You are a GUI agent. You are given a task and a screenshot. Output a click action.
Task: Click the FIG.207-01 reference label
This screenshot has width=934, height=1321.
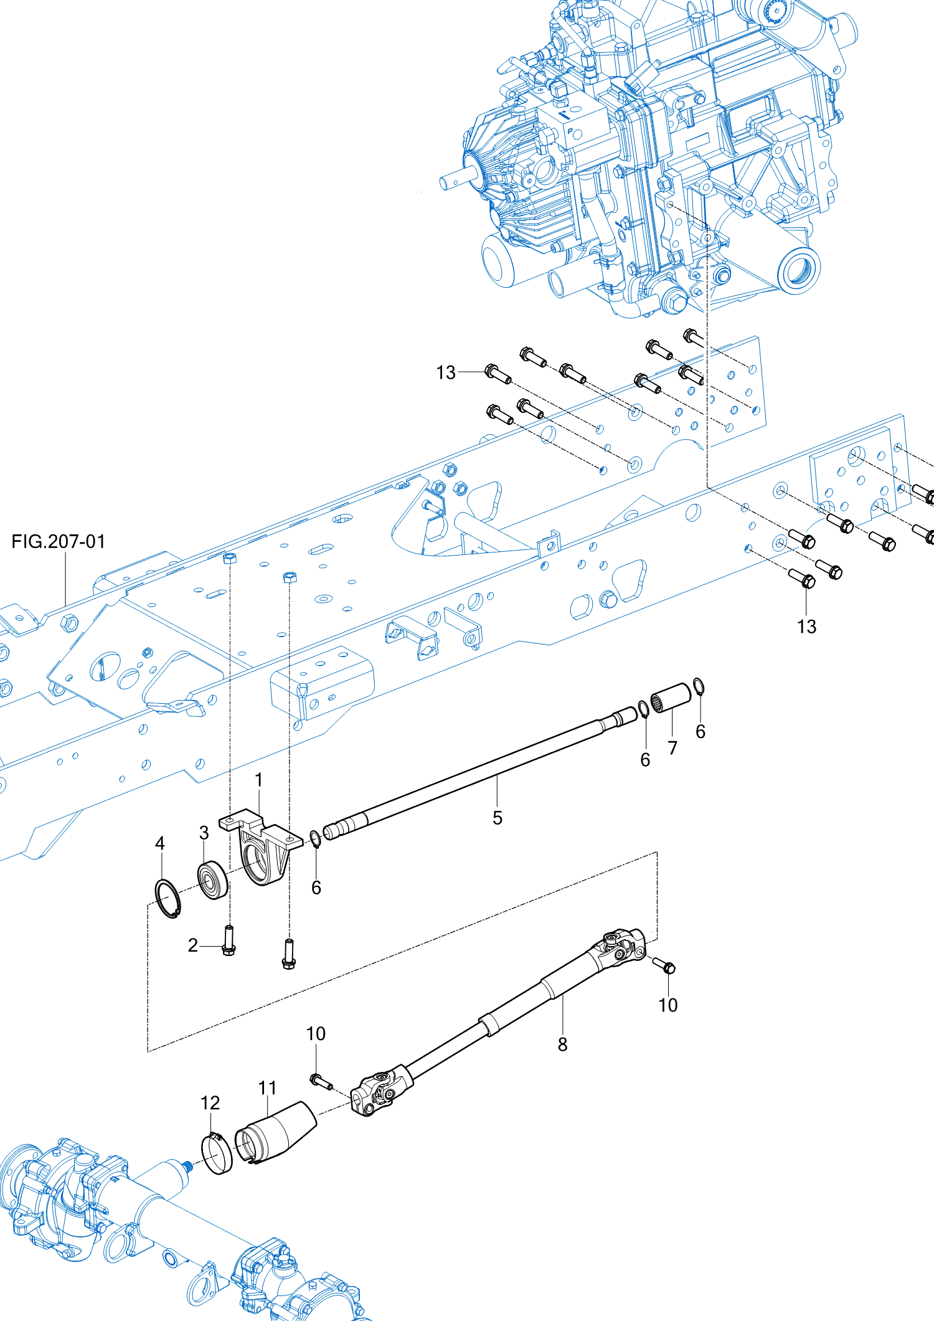(x=58, y=541)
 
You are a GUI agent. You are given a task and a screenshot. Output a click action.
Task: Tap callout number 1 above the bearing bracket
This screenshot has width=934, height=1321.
(x=258, y=780)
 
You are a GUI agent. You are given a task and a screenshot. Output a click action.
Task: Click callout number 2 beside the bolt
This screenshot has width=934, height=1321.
(x=193, y=945)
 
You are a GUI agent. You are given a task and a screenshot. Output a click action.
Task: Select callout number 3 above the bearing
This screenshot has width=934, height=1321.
(x=204, y=833)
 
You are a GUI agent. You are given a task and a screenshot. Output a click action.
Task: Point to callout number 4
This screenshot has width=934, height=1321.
(x=160, y=843)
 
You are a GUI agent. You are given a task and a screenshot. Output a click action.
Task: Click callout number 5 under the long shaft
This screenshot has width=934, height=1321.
(x=497, y=818)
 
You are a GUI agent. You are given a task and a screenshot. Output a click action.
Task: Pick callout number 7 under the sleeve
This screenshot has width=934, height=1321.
(x=672, y=748)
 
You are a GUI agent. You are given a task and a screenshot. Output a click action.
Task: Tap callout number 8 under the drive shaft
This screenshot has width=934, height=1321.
(x=562, y=1044)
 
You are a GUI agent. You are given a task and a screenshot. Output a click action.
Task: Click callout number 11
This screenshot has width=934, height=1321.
(x=267, y=1087)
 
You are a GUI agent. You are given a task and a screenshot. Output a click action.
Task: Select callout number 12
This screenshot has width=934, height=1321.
(x=210, y=1103)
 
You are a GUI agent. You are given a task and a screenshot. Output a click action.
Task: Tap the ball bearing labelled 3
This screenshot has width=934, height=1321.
(x=212, y=879)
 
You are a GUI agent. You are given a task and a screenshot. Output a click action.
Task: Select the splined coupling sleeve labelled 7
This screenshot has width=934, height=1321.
(x=671, y=698)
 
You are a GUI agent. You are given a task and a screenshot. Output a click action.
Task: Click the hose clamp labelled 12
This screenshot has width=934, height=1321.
(x=216, y=1153)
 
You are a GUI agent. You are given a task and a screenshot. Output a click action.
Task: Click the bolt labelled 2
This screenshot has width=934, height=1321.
(x=229, y=940)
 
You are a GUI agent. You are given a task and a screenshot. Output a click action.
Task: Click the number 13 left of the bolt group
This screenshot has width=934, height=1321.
(x=446, y=372)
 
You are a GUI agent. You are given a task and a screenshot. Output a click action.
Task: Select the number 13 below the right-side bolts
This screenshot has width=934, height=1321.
(x=806, y=627)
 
